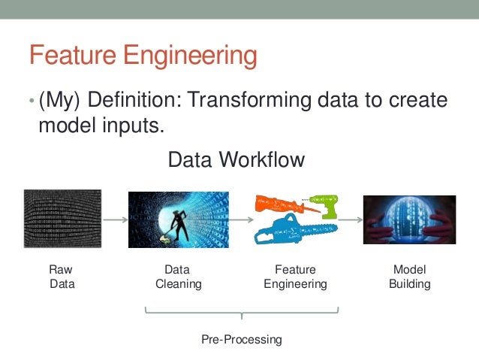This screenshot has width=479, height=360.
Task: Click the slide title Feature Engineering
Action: tap(143, 56)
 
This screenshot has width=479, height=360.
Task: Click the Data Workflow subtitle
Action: tap(236, 159)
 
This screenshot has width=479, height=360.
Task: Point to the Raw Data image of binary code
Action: tap(62, 218)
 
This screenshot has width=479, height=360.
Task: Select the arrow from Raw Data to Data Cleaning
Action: tap(114, 219)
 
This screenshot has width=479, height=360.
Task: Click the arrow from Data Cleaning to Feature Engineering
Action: tap(239, 219)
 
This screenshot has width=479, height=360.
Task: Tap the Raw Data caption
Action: tap(62, 277)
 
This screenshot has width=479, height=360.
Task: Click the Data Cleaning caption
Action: tap(178, 277)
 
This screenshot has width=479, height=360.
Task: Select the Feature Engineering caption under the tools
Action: tap(295, 277)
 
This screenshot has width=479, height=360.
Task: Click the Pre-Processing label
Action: tap(241, 339)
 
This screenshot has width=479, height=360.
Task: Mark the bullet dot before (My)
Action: tap(31, 102)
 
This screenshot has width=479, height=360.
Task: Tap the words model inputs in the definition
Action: tap(101, 125)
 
